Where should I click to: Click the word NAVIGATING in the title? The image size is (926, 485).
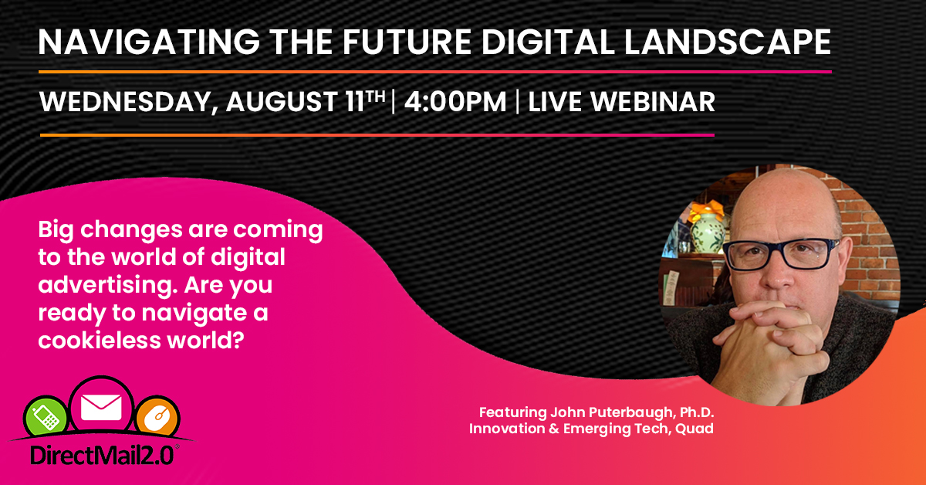point(149,42)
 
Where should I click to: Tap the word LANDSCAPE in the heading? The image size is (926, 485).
point(728,42)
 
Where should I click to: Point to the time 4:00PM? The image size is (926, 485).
point(455,101)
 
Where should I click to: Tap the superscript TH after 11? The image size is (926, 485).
point(376,97)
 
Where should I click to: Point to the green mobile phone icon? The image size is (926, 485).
point(46,416)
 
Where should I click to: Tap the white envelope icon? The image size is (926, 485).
point(101,408)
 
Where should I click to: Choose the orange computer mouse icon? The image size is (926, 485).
point(157,417)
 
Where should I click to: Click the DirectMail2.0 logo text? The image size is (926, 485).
point(102,456)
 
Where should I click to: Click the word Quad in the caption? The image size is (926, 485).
point(694,429)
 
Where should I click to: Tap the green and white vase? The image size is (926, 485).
point(708,232)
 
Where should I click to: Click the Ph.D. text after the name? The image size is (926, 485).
point(697,412)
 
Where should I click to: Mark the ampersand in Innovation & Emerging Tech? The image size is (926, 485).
point(554,429)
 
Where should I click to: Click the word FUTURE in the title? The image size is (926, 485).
point(407,42)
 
